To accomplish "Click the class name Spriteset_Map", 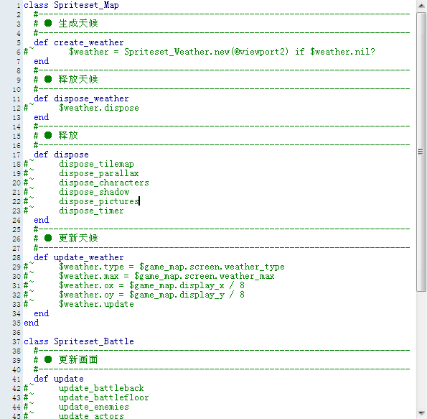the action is (86, 5).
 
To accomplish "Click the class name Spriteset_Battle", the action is (94, 341).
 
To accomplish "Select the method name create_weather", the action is (88, 42).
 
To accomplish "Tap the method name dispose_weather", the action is (91, 98).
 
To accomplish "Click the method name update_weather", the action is (88, 257).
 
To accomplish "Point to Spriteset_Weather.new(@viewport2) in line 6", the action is (206, 52).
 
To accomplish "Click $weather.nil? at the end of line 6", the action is (342, 52).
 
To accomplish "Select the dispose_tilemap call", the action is (96, 164).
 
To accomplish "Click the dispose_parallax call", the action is (98, 173).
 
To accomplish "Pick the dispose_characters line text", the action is (104, 183).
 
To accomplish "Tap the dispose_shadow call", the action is (94, 192).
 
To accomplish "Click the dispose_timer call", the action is (91, 211).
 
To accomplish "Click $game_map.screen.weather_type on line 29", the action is (212, 267).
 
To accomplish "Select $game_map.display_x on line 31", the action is (177, 285).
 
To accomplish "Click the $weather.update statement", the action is (96, 304).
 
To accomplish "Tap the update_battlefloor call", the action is (103, 397).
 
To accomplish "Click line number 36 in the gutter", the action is (17, 333).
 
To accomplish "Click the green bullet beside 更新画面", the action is (48, 359).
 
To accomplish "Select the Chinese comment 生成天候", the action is (78, 24).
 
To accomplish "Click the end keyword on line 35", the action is (32, 323).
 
